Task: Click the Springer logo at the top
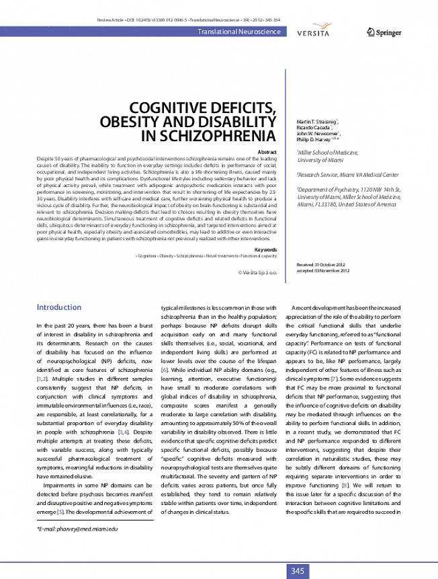pyautogui.click(x=385, y=32)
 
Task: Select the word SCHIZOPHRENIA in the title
pyautogui.click(x=210, y=137)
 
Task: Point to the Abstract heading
pyautogui.click(x=267, y=153)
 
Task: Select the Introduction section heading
pyautogui.click(x=58, y=307)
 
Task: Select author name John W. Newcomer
pyautogui.click(x=317, y=133)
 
